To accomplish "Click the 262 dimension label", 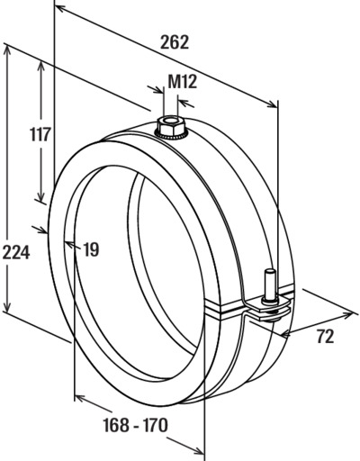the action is (x=175, y=42).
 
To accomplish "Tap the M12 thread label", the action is (x=182, y=82).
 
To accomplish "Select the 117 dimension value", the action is (x=40, y=134).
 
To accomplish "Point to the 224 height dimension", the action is (x=16, y=252).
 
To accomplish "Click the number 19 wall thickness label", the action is (x=91, y=249).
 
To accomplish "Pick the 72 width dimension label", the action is (x=325, y=337).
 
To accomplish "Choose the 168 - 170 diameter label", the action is (x=135, y=425).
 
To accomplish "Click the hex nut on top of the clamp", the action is (x=169, y=127).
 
